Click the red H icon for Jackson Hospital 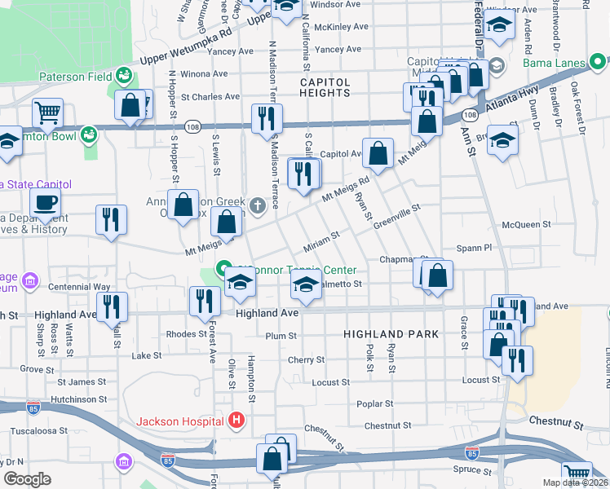(x=236, y=421)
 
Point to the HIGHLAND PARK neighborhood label (x=391, y=334)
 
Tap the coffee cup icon (x=46, y=201)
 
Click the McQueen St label (x=522, y=224)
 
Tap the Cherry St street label (x=306, y=359)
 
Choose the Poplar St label (x=375, y=403)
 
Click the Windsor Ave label (x=336, y=4)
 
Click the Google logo (x=27, y=479)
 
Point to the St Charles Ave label (x=210, y=97)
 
